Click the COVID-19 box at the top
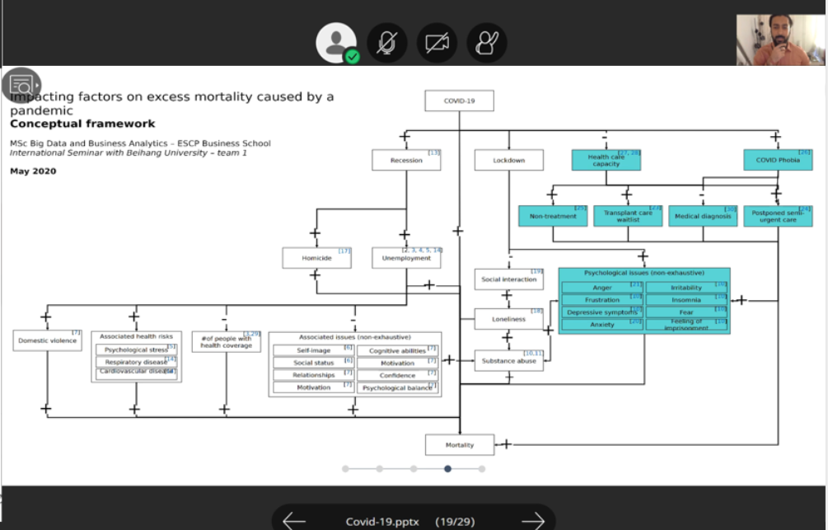(459, 101)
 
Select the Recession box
(406, 160)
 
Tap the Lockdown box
(509, 160)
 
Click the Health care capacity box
(606, 160)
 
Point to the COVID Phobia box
(778, 160)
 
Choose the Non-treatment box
(553, 216)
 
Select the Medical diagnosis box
(703, 216)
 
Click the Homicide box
(316, 258)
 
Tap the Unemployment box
(406, 258)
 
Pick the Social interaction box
(509, 279)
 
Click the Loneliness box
(509, 319)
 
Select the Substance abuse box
(509, 360)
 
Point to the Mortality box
(460, 445)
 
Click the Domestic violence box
(48, 340)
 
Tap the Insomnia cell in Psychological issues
(686, 300)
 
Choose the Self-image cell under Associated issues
(313, 350)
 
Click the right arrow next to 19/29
(533, 520)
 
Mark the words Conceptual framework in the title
(82, 124)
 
